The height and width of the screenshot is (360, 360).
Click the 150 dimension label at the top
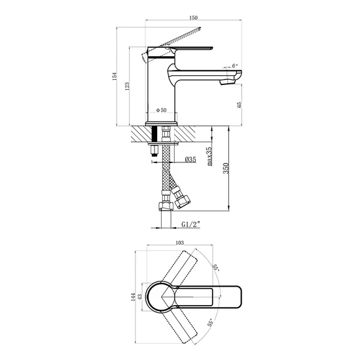tap(193, 18)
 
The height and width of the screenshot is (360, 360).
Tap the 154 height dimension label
tap(115, 76)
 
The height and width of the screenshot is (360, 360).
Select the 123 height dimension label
tap(127, 86)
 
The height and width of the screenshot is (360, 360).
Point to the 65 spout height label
tap(240, 105)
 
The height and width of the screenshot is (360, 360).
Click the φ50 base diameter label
tap(162, 110)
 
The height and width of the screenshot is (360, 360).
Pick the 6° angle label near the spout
tap(234, 65)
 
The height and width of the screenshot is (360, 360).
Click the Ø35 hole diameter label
tap(190, 159)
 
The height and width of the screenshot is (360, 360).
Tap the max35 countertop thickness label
tap(209, 156)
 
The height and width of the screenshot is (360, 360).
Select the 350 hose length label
tap(226, 168)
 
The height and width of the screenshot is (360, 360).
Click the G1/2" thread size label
tap(190, 224)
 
